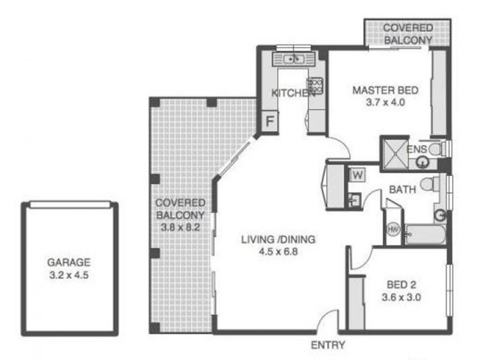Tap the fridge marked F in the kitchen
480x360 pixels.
[x=270, y=121]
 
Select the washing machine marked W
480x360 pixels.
[x=357, y=175]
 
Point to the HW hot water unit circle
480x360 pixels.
[x=394, y=230]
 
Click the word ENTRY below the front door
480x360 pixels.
[x=328, y=345]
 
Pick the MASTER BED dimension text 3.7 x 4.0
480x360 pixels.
[x=386, y=102]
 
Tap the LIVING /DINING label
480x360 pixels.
[x=278, y=240]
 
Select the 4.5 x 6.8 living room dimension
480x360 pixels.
[x=278, y=252]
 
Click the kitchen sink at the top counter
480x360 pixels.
[x=295, y=59]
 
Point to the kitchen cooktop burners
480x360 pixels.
[x=314, y=85]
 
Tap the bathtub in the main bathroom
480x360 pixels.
[x=425, y=234]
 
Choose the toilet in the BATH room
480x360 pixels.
[x=428, y=184]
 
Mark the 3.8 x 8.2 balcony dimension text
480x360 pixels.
[x=181, y=227]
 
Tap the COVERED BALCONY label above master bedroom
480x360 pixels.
[x=408, y=34]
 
